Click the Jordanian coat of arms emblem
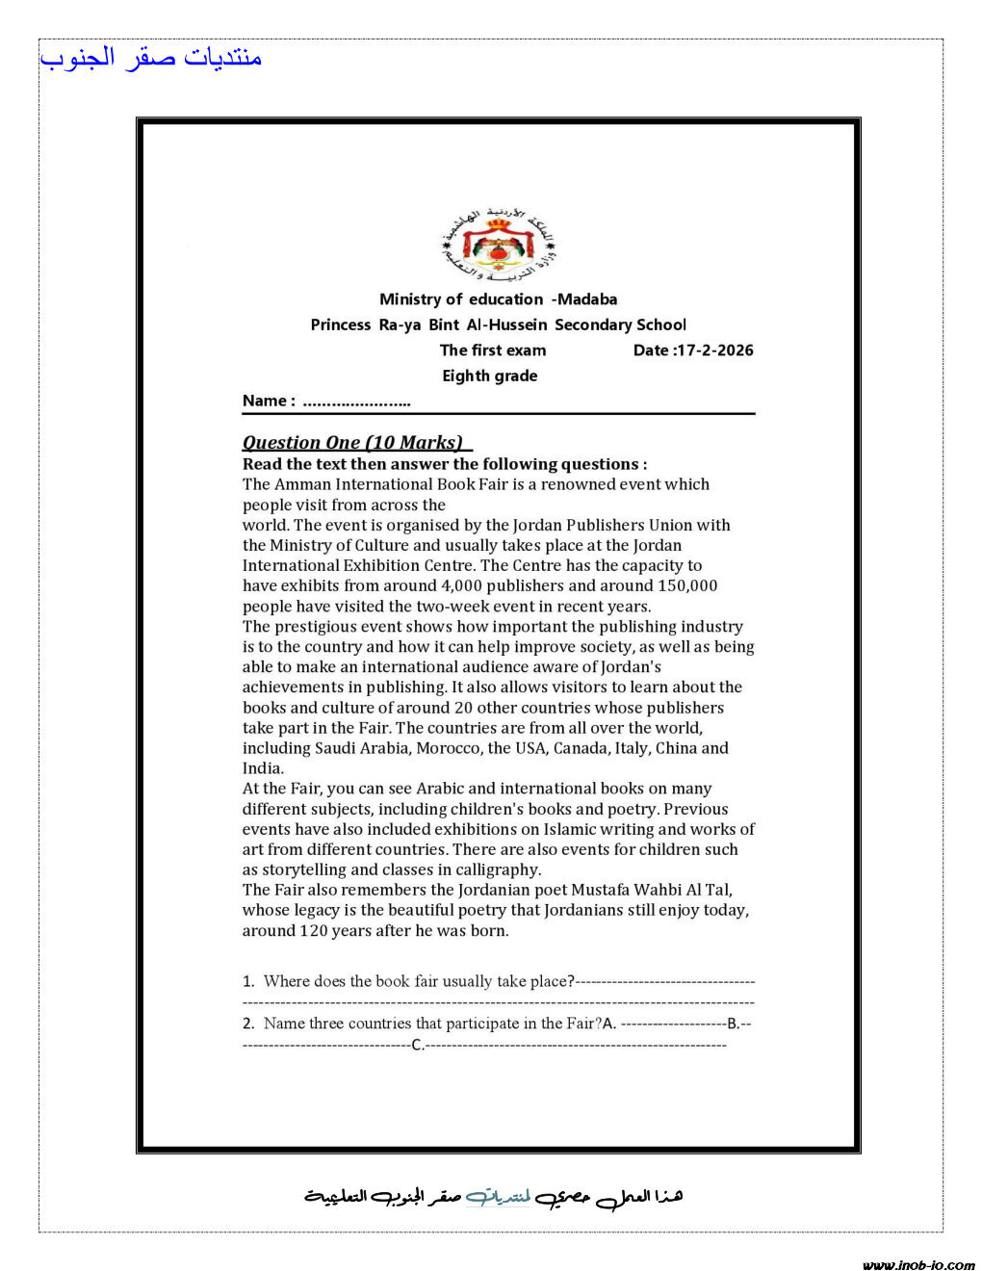pyautogui.click(x=499, y=245)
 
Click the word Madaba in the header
pyautogui.click(x=587, y=299)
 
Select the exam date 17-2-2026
pyautogui.click(x=715, y=350)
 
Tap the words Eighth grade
pyautogui.click(x=489, y=376)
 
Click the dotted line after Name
pyautogui.click(x=356, y=402)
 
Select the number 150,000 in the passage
pyautogui.click(x=687, y=585)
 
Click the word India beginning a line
pyautogui.click(x=262, y=768)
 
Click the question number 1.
pyautogui.click(x=247, y=981)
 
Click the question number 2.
pyautogui.click(x=247, y=1024)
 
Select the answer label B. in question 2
pyautogui.click(x=734, y=1024)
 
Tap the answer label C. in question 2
pyautogui.click(x=417, y=1045)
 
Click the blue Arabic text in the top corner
pyautogui.click(x=151, y=58)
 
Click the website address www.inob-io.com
pyautogui.click(x=918, y=1265)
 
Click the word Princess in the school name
pyautogui.click(x=340, y=325)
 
